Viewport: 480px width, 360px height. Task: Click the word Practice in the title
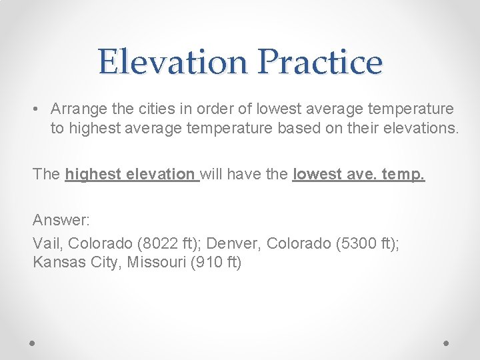click(319, 62)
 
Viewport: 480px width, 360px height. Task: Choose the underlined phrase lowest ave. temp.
click(359, 174)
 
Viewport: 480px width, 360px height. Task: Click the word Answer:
click(61, 219)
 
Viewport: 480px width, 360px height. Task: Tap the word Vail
click(47, 243)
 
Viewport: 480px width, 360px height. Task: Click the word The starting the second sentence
click(47, 174)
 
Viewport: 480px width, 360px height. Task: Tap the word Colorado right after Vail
click(98, 243)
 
